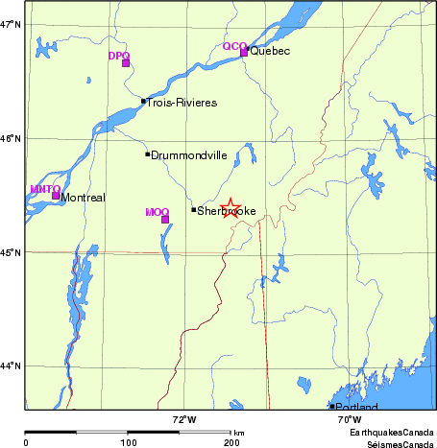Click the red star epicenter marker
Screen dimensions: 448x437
231,208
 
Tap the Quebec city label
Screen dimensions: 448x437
270,51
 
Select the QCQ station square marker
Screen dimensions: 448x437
244,52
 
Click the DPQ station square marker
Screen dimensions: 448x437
126,63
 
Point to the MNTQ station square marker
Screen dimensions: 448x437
56,196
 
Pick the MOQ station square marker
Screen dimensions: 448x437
165,220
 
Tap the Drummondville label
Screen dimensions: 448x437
188,154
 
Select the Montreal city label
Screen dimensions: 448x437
83,198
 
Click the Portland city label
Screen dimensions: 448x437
352,407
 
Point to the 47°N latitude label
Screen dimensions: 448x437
12,24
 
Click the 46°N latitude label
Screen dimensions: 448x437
12,139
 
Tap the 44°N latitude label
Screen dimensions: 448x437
12,365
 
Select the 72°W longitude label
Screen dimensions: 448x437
184,419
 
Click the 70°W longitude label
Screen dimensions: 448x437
349,419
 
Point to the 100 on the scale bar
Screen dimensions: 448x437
128,442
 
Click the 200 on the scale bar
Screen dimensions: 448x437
231,442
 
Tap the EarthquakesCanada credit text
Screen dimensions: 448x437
392,434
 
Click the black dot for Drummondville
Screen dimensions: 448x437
147,153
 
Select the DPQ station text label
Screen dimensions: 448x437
118,56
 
